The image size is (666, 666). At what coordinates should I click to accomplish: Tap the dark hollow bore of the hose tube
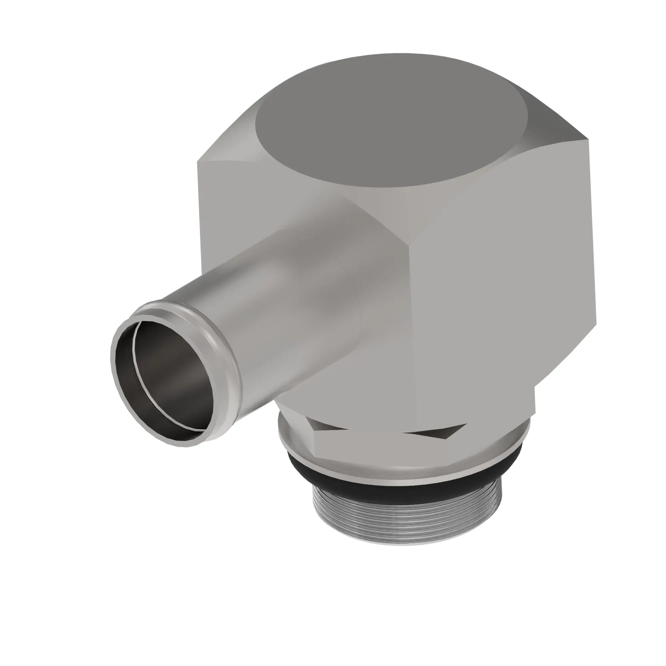(166, 383)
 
